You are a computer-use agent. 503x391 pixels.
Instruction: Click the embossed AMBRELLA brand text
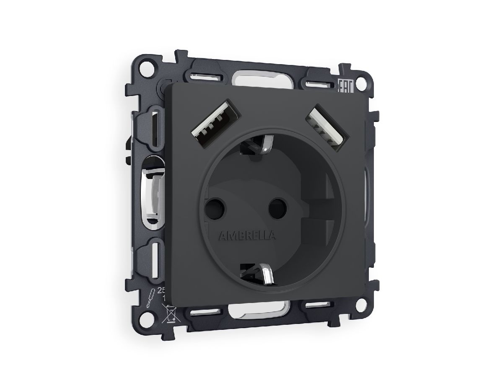click(x=246, y=236)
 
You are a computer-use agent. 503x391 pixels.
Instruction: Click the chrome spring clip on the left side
click(x=153, y=192)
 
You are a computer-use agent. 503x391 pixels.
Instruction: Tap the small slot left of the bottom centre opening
click(x=204, y=311)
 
